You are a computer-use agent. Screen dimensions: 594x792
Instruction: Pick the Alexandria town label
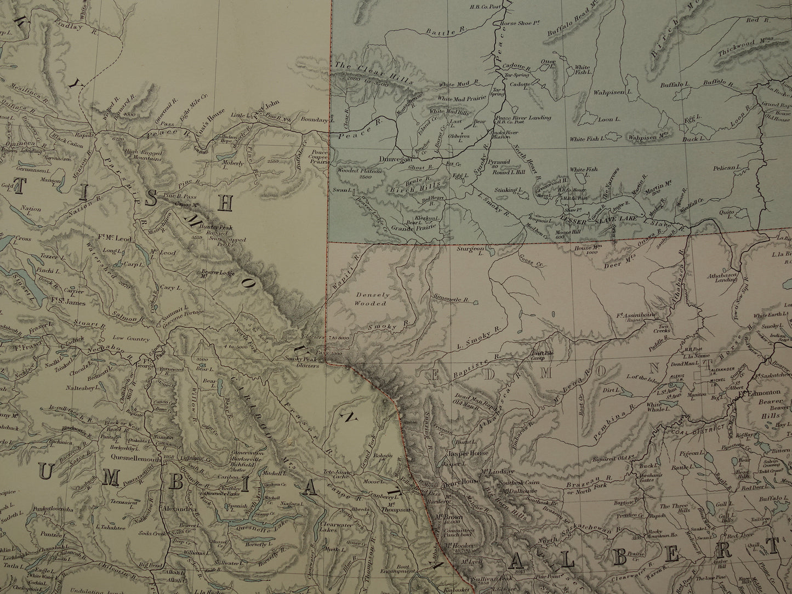tap(179, 509)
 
